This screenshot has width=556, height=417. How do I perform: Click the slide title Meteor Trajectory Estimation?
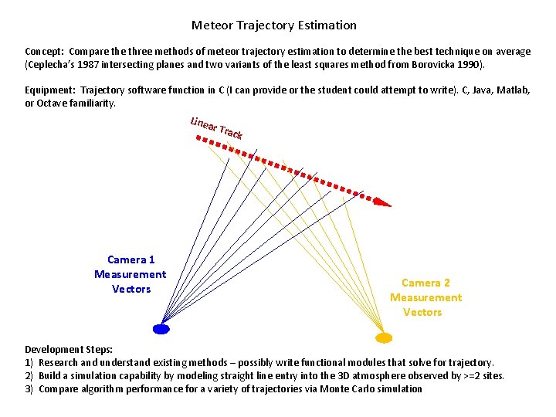pos(274,25)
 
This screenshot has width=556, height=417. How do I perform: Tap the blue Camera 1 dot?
pos(161,329)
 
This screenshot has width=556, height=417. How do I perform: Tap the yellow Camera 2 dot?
pos(383,337)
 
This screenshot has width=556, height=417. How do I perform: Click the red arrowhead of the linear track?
pos(385,204)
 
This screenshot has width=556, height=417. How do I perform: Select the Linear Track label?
pos(216,128)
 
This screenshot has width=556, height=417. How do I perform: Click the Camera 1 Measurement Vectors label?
pos(131,274)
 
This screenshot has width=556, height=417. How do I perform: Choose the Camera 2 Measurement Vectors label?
pos(425,297)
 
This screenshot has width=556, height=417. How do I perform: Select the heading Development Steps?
pos(68,349)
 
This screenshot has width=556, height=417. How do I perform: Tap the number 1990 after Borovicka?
pos(472,65)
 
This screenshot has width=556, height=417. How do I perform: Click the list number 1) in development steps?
pos(29,362)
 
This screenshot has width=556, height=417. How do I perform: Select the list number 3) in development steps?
pos(29,388)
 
